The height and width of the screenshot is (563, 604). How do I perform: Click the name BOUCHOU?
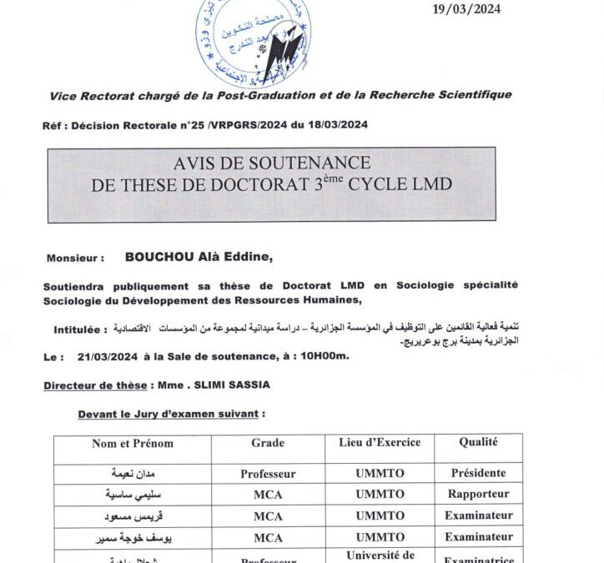coord(159,258)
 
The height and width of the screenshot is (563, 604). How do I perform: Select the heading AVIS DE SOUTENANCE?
coord(271,163)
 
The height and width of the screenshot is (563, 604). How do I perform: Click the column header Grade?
coord(268,444)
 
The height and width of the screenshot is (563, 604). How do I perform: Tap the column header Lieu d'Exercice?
coord(380,443)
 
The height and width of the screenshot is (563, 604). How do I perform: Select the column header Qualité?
coord(478,443)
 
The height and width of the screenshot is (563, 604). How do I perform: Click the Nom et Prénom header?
coord(132,444)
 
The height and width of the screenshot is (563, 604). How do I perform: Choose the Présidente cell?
coord(478,473)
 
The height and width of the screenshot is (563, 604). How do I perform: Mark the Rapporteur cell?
coord(478,494)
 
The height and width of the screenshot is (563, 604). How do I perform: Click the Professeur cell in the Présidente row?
coord(268,474)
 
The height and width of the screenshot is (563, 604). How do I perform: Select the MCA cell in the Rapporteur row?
coord(268,495)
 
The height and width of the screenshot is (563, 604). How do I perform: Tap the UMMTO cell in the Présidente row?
coord(380,473)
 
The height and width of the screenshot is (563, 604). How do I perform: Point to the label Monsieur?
coord(75,259)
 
